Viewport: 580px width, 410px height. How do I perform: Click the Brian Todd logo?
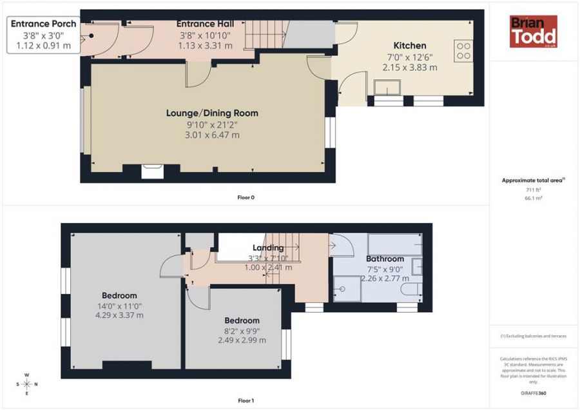coord(533,32)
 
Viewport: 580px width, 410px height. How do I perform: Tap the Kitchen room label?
coord(410,46)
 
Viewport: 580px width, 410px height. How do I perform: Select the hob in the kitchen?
coord(463,51)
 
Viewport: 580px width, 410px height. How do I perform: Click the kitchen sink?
coord(387,87)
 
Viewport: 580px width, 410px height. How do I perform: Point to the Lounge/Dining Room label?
coord(212,113)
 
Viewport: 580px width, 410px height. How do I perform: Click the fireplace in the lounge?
coord(153,170)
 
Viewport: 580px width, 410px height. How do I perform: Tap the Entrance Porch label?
coord(43,24)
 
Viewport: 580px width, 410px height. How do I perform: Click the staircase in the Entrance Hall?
coord(266,33)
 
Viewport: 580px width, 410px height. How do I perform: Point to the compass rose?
coord(26,385)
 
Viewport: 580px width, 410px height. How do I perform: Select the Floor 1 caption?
coord(246,401)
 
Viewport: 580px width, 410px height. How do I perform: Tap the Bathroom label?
coord(385,259)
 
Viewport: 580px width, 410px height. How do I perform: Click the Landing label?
coord(268,248)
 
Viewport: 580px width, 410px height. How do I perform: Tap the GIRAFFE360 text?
coord(532,393)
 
